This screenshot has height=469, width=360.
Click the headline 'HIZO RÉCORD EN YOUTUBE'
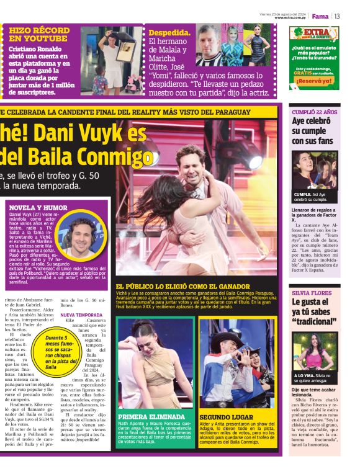click(x=38, y=34)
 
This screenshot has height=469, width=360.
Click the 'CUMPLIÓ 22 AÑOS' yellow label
click(x=315, y=112)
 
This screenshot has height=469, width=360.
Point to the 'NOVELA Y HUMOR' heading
click(x=37, y=208)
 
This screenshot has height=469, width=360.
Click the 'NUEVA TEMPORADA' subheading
click(x=81, y=315)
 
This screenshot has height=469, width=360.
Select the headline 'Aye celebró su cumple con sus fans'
click(x=315, y=131)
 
